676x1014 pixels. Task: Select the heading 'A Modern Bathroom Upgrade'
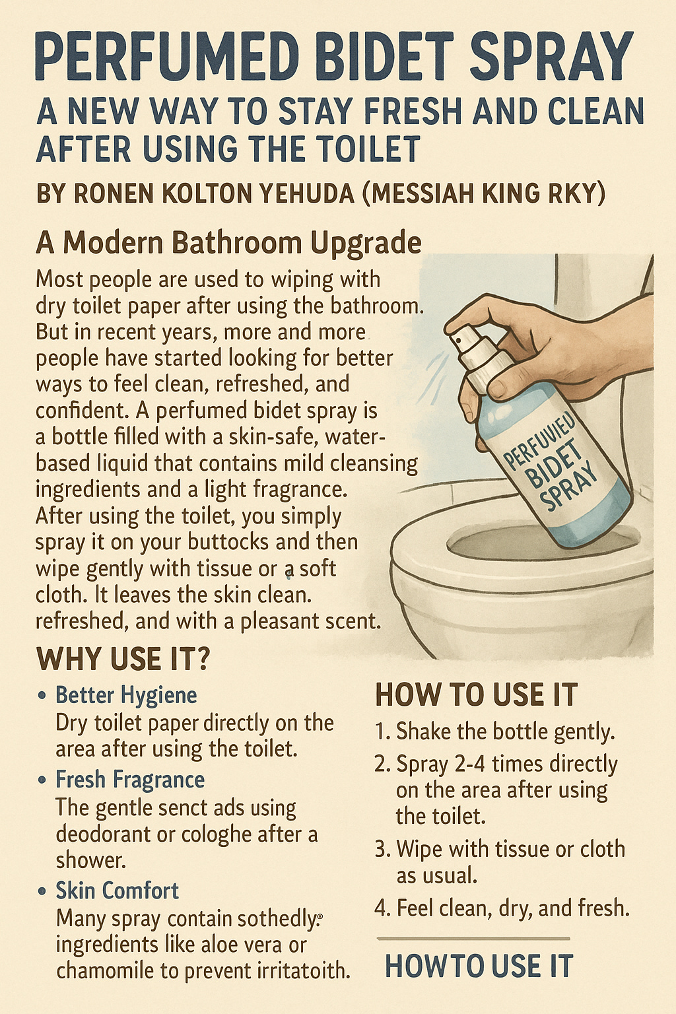point(228,243)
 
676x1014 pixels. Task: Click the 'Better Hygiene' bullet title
point(126,695)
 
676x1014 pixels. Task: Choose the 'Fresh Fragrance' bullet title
point(130,780)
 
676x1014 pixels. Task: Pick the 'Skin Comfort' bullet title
point(118,890)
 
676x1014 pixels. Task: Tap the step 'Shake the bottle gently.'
point(505,731)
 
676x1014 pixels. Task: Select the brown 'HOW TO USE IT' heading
point(477,695)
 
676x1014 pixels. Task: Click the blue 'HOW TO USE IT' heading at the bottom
point(479,966)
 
